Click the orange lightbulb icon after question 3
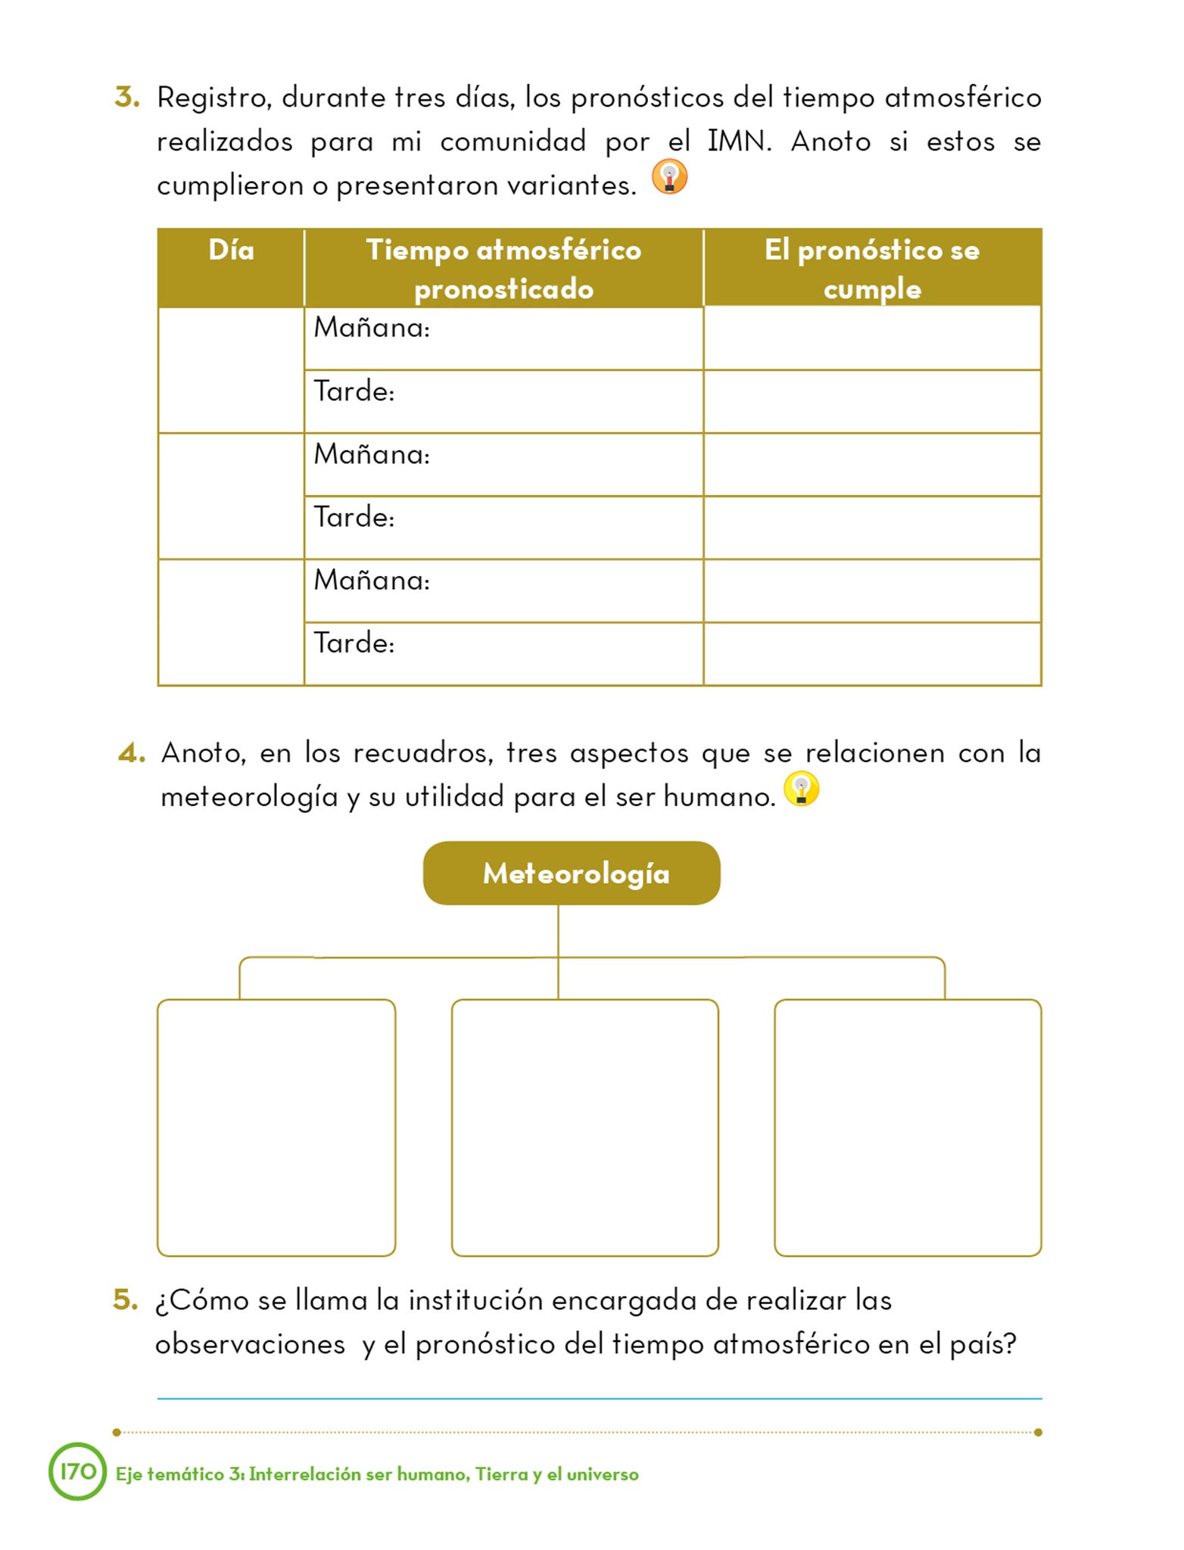(669, 177)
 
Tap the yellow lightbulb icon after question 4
(801, 789)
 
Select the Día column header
(231, 251)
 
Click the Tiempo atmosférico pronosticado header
(503, 269)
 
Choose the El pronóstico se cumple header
(872, 269)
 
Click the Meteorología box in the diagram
(572, 873)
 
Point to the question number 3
(127, 98)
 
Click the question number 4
(131, 753)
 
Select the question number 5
(126, 1300)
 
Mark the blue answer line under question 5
(599, 1399)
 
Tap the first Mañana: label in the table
(372, 328)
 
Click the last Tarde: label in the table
(354, 643)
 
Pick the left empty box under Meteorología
(276, 1128)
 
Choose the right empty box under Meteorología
(908, 1128)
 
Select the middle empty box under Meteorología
(584, 1128)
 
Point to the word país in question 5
(981, 1345)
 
